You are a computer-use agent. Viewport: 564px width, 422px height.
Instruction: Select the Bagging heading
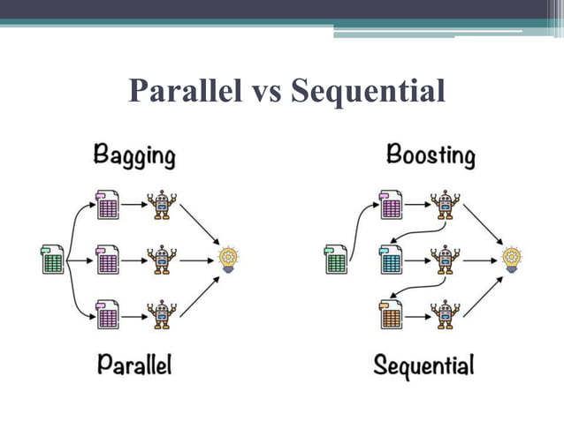click(x=134, y=157)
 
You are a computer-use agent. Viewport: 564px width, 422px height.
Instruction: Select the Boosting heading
click(x=431, y=156)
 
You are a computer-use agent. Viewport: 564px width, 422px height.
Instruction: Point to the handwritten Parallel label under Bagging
click(x=133, y=363)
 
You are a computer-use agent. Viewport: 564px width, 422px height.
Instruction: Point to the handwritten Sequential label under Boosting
click(x=423, y=365)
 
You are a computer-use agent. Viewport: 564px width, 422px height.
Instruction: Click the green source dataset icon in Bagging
click(x=52, y=260)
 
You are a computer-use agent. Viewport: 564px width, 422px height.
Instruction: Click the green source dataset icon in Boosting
click(x=337, y=260)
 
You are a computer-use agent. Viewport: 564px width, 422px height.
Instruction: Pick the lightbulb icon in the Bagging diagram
click(x=229, y=259)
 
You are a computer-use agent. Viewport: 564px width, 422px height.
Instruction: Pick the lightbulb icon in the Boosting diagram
click(x=512, y=259)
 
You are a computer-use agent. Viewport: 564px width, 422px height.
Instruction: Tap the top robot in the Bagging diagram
click(x=162, y=205)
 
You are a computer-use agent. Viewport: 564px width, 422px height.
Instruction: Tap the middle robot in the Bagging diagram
click(x=162, y=259)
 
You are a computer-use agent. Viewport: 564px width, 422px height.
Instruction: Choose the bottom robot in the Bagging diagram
click(x=162, y=313)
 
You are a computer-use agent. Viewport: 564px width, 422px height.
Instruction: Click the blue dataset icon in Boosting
click(x=391, y=259)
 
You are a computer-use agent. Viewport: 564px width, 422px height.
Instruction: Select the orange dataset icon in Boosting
click(x=391, y=313)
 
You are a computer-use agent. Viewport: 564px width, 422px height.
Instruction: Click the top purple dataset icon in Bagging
click(x=108, y=205)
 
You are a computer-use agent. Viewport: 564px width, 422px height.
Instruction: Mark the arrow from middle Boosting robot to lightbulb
click(x=478, y=260)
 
